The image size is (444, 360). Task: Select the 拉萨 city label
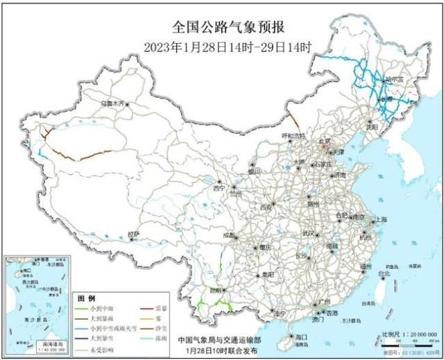click(133, 234)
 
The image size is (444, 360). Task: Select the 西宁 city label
click(219, 188)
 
